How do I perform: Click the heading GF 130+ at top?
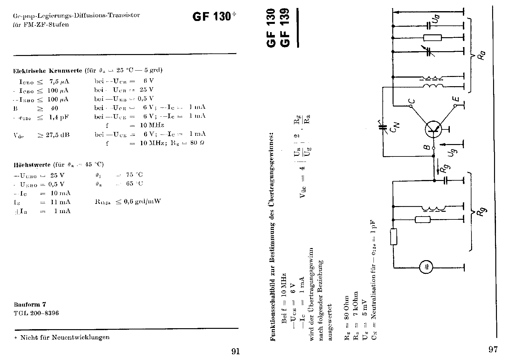(x=214, y=17)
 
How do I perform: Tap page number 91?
(x=235, y=351)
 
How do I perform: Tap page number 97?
(x=493, y=350)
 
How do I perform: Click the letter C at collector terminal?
(x=411, y=101)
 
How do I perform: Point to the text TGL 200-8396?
(x=36, y=313)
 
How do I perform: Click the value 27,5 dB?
(x=54, y=135)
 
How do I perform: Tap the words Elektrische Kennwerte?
(x=47, y=71)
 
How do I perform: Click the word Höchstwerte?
(x=32, y=165)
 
